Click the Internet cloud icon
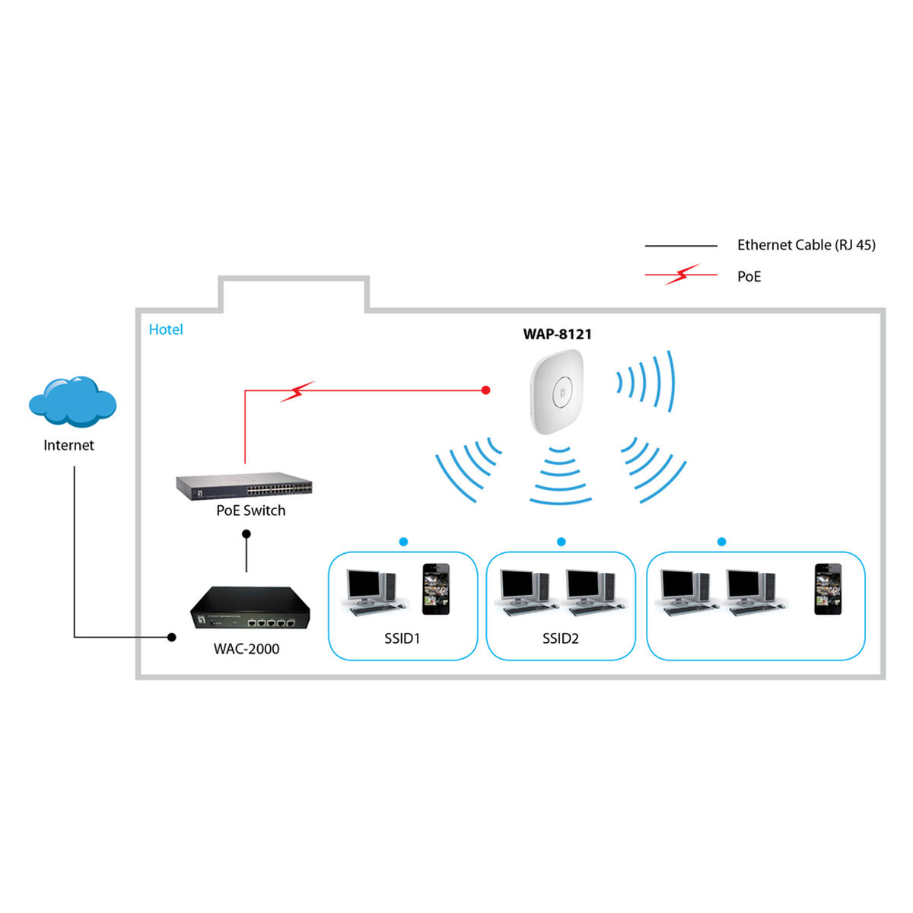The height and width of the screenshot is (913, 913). point(72,401)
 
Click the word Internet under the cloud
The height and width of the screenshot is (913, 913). point(68,445)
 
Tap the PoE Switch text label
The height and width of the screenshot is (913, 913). point(250,511)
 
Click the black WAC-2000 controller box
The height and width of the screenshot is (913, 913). point(250,608)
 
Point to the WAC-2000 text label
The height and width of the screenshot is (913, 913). point(247,649)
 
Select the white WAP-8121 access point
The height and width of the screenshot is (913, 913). point(557,391)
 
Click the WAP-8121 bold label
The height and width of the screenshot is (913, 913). point(557,334)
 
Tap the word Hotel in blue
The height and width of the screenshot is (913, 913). point(166,329)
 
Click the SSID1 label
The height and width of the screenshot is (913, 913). point(402,638)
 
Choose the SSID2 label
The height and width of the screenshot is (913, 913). point(560,638)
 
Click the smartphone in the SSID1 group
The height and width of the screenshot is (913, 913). point(436,589)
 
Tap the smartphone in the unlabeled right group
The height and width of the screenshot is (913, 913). point(828,589)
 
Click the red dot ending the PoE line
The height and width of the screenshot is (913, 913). point(486,390)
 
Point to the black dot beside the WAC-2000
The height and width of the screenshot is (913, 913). point(172,637)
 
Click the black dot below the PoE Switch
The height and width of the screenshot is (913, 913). point(247,534)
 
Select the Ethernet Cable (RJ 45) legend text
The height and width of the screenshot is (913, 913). point(806,245)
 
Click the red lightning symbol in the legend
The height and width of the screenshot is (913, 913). point(682,275)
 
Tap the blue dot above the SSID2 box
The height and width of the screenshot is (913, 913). point(561,542)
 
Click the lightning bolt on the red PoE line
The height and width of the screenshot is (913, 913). point(297,391)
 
